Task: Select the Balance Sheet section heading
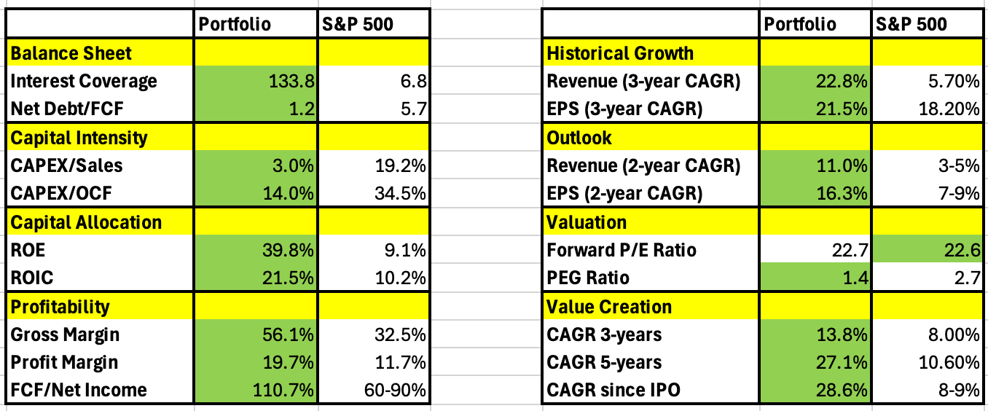[71, 53]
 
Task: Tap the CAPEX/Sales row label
[66, 165]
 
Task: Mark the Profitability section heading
[59, 307]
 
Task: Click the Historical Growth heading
[620, 53]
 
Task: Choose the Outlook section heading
[579, 138]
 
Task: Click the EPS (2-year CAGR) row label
[624, 194]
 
